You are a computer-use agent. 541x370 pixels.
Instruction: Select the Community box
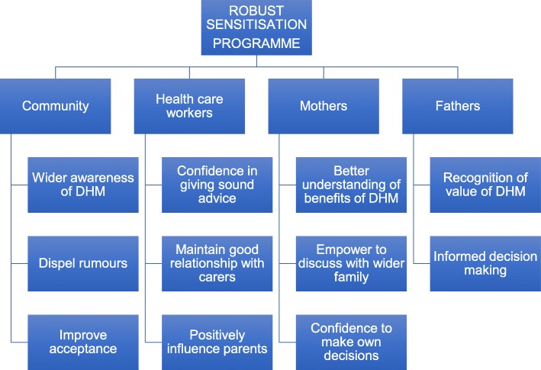tap(55, 107)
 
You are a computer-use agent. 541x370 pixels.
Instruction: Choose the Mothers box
tap(324, 107)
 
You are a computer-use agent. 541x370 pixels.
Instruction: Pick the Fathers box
tap(458, 107)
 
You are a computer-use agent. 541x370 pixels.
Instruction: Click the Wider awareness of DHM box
tap(83, 185)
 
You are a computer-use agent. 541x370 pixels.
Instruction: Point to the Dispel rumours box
tap(83, 263)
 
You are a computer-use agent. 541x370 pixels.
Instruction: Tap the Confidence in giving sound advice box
tap(217, 185)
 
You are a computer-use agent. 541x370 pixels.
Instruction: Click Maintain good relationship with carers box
tap(217, 263)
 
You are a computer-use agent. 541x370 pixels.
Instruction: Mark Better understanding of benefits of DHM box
tap(351, 185)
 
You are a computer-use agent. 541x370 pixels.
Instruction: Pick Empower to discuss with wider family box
tap(351, 263)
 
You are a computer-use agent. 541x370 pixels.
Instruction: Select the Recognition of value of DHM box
tap(485, 185)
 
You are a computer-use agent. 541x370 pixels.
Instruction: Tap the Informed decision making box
tap(485, 263)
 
